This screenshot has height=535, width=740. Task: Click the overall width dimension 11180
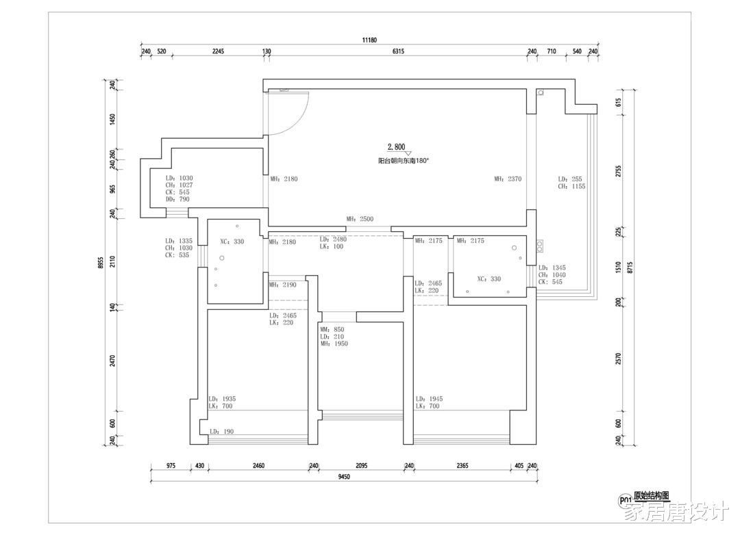369,40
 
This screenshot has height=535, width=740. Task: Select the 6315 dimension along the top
398,51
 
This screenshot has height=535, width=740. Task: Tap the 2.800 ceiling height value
397,147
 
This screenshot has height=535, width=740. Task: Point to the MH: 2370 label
508,179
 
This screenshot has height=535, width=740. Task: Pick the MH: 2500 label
360,219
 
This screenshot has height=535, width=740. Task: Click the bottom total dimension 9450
344,477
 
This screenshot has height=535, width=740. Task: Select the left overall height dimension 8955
100,263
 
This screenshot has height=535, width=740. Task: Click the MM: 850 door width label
332,330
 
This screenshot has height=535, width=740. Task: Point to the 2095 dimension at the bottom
362,466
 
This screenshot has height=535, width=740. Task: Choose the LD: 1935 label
222,399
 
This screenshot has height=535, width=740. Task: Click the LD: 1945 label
429,399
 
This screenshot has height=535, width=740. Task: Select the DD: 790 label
177,199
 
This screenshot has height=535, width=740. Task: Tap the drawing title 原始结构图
652,496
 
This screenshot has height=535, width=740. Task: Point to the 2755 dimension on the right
619,171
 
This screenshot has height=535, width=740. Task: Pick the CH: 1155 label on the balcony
571,187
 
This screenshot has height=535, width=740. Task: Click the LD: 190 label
221,432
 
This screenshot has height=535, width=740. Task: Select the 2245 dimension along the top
218,51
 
